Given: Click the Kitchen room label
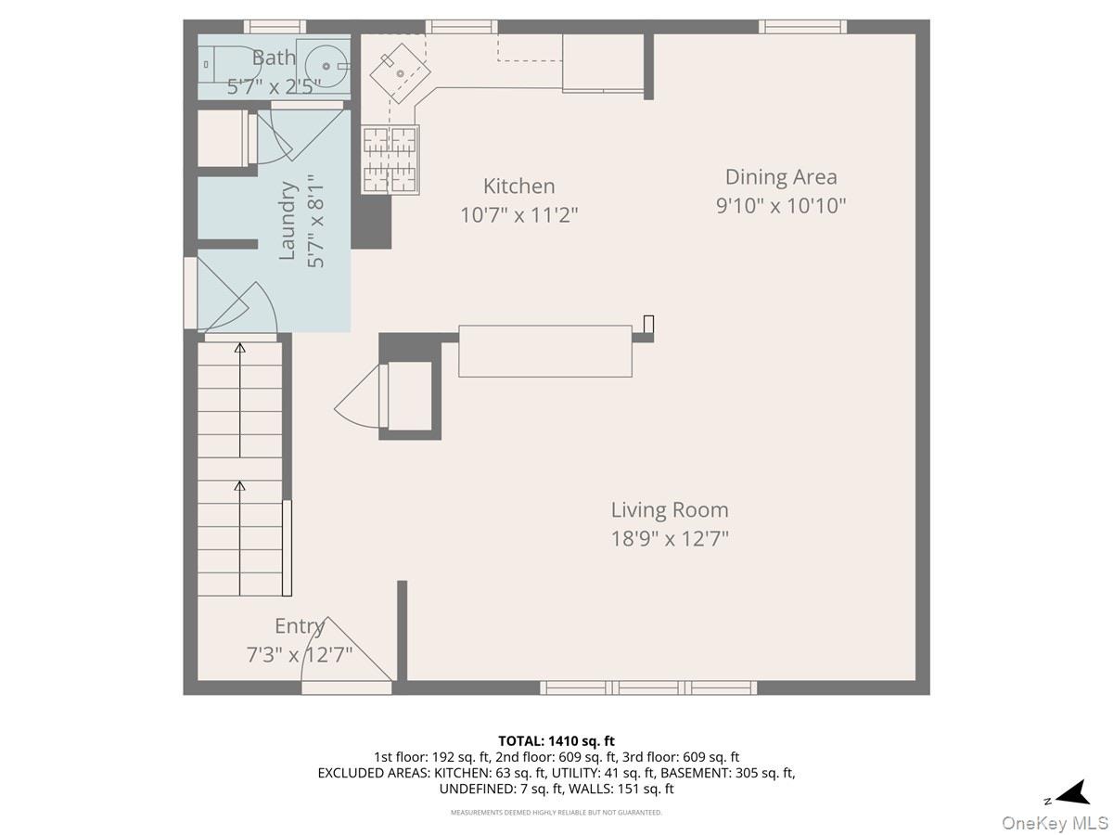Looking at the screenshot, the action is pos(518,186).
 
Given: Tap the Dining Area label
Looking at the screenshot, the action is pos(781,177).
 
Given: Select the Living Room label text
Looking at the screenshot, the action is pos(670,510).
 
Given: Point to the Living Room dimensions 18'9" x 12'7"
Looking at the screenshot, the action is pos(670,538).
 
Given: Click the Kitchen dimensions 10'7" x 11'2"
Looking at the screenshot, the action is pos(518,215).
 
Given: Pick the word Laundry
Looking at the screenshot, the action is pos(288,221).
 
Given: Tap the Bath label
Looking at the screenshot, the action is pos(274,58).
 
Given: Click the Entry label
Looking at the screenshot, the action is pos(300,626).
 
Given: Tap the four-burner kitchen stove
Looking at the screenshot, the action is pos(390,161).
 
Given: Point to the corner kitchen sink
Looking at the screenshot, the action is pos(400,73).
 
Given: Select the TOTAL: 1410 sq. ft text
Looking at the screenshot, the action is pos(556,741).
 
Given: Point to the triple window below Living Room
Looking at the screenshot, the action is pos(648,688).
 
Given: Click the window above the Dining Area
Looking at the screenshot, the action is pos(802,27).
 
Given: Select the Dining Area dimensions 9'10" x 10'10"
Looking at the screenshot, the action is pos(781,206).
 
